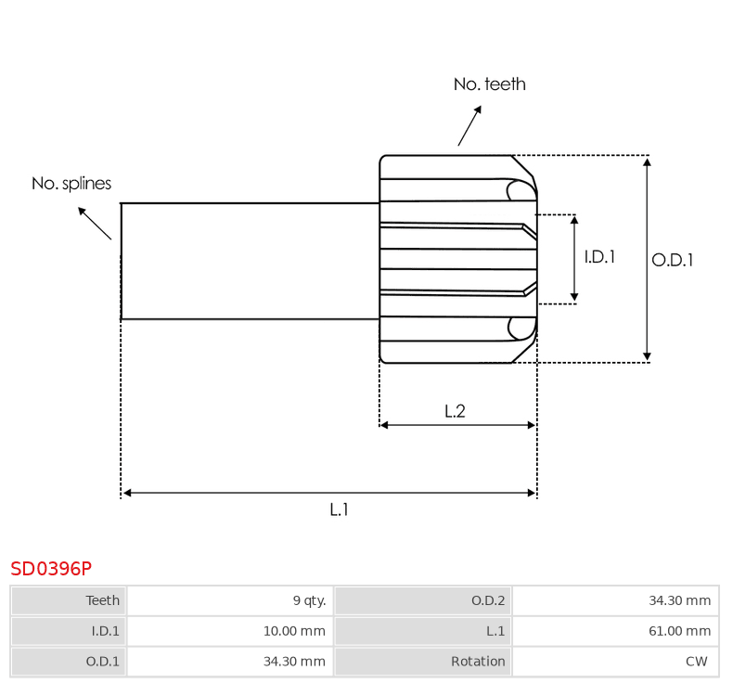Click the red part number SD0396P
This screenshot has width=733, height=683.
pos(51,569)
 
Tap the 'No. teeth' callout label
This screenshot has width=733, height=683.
pos(490,84)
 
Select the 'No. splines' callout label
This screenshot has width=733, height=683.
pos(71,183)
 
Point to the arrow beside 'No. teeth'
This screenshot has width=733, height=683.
pos(469,126)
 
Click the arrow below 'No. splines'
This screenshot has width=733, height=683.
pos(95,224)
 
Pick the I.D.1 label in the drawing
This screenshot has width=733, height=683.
pos(599,257)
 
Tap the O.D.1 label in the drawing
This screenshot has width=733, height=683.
pos(673,260)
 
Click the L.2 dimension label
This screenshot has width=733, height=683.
pos(455,411)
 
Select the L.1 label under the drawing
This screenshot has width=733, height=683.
pos(339,509)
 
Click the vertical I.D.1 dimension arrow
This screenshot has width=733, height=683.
pos(574,259)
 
